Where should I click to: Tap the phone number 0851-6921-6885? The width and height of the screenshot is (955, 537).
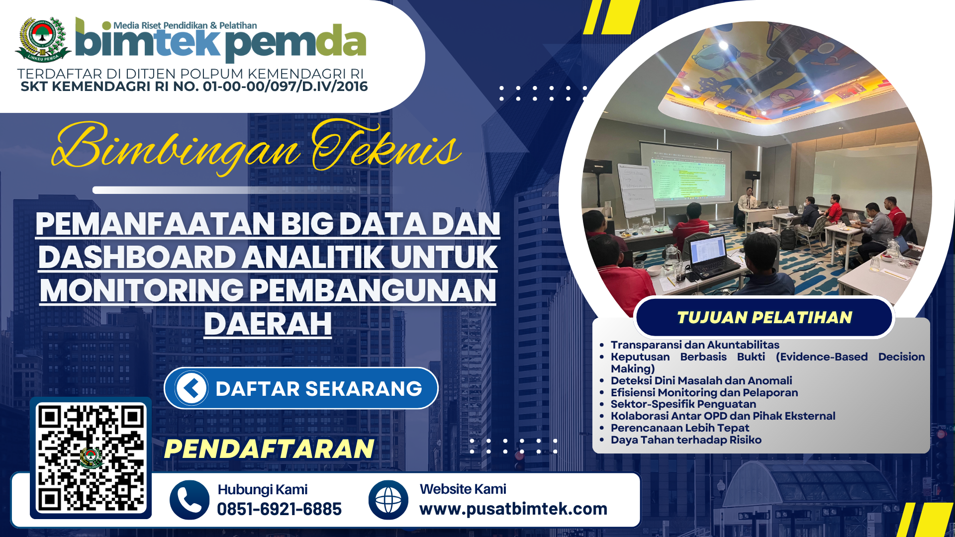(x=279, y=509)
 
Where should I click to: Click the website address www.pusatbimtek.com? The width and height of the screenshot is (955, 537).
(x=513, y=509)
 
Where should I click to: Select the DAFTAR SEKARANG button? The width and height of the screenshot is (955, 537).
(x=301, y=388)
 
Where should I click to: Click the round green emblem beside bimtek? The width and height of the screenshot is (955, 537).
(x=43, y=39)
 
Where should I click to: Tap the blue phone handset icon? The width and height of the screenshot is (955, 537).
(x=189, y=500)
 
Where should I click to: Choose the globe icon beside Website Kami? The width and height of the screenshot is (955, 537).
(x=388, y=500)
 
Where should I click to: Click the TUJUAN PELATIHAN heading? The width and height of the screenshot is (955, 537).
(x=764, y=317)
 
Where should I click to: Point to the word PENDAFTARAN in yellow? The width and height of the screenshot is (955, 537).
(x=269, y=448)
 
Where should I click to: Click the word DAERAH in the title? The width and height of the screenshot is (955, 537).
(x=268, y=324)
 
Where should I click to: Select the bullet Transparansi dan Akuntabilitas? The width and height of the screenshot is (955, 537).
(x=695, y=345)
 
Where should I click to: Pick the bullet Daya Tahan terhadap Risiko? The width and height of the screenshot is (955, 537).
(x=686, y=440)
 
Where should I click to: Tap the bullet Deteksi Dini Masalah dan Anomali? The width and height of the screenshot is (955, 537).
(x=701, y=380)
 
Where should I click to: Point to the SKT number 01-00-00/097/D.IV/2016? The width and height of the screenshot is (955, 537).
(x=286, y=87)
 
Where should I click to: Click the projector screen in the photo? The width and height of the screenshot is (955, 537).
(x=685, y=174)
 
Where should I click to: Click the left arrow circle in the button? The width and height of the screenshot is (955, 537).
(x=191, y=388)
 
